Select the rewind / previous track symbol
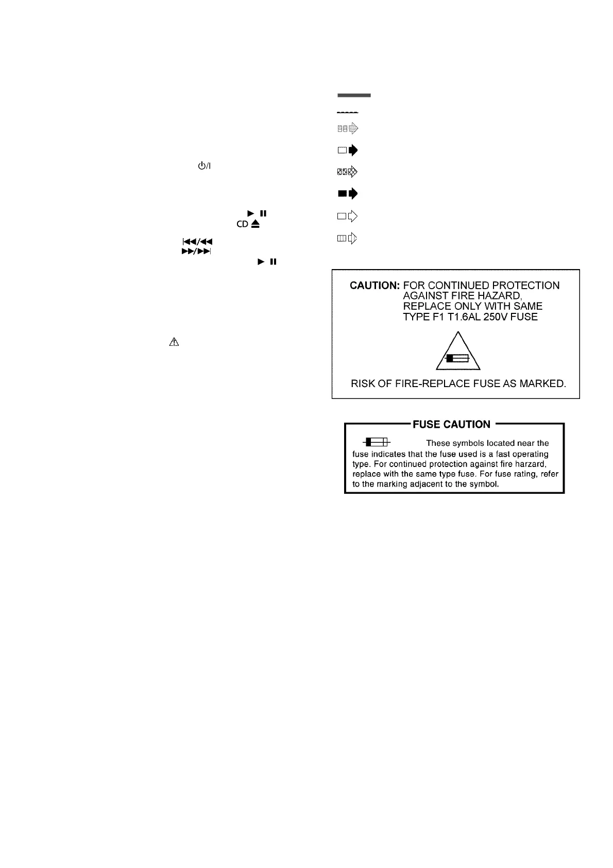click(197, 241)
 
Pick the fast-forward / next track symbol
click(197, 252)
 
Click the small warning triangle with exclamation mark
click(174, 342)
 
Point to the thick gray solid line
click(354, 95)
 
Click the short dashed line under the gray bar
click(348, 112)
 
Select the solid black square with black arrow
click(347, 194)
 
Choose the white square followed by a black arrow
click(347, 151)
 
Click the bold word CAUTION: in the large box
click(374, 286)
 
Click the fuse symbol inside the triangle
click(458, 358)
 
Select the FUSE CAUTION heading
click(451, 424)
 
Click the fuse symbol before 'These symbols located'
click(377, 442)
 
